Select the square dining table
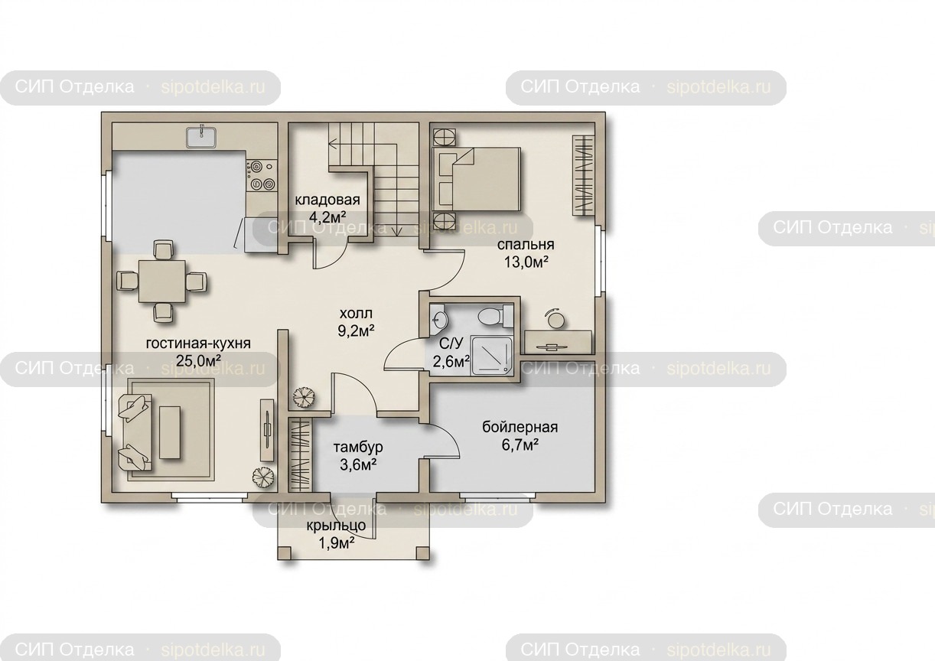(162, 282)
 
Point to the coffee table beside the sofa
(169, 433)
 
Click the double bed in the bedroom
(476, 179)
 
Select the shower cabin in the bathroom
(492, 354)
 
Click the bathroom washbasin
(438, 320)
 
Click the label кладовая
(327, 200)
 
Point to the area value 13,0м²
(526, 262)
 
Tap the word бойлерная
(520, 428)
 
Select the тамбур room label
(358, 447)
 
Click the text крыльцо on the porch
(336, 526)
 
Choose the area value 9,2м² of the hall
(356, 331)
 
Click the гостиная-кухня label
(198, 344)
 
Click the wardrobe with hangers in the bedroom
(584, 175)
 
